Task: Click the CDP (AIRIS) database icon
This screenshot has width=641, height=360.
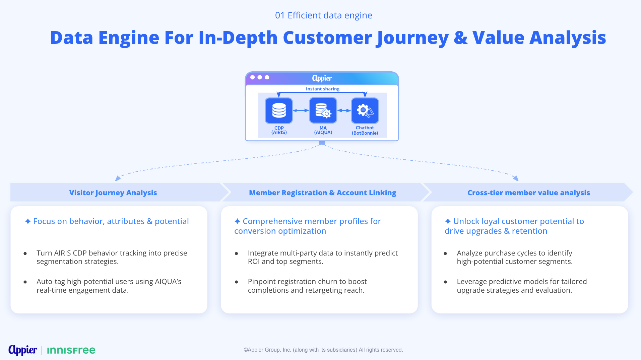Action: point(279,111)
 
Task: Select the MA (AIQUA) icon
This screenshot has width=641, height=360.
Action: point(323,111)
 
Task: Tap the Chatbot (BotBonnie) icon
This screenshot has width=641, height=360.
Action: point(365,111)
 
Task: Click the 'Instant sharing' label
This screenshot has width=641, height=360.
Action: point(322,89)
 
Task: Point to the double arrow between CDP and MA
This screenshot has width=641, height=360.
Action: point(301,111)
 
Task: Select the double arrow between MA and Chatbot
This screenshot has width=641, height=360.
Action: point(344,111)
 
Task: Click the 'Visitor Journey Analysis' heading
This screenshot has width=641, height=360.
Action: point(113,193)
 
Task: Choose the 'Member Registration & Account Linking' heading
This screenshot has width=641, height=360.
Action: point(322,193)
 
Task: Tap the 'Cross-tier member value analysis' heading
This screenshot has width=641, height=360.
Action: point(528,193)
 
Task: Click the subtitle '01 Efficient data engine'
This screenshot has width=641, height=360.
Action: point(323,15)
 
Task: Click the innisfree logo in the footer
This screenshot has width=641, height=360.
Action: point(71,350)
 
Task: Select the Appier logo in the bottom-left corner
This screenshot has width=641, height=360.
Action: point(23,350)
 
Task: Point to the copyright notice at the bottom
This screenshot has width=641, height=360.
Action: point(323,350)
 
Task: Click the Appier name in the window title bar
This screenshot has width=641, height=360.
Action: point(322,78)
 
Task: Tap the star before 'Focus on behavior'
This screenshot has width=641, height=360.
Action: point(28,221)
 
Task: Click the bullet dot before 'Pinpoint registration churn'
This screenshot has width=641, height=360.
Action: point(237,282)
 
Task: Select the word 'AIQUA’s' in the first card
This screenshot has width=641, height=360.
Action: point(168,282)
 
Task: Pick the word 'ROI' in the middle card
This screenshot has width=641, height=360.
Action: point(254,262)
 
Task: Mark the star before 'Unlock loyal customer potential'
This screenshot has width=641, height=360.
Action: point(448,221)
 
